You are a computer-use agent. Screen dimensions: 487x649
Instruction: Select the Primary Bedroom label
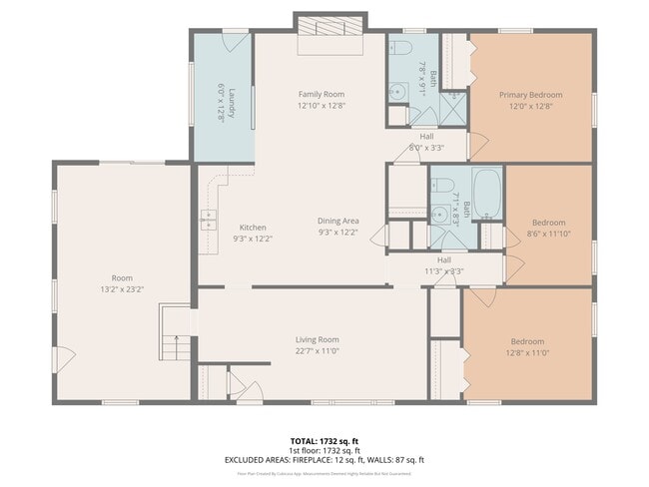pos(531,96)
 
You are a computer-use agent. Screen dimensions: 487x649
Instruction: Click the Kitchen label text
pos(252,228)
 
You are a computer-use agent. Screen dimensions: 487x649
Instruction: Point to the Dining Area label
pos(337,221)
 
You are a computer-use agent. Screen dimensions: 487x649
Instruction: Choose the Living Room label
pos(317,339)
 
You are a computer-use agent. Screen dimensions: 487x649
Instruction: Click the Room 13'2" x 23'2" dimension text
pos(122,288)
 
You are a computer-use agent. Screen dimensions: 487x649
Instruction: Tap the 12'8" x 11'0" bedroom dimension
pos(527,351)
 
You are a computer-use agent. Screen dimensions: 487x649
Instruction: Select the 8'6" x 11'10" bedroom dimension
pos(548,234)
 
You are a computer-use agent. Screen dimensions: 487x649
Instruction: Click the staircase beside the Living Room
pos(175,337)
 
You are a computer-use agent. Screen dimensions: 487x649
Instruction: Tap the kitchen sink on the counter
pos(211,217)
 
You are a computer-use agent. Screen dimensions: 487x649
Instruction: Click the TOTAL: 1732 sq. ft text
pos(323,439)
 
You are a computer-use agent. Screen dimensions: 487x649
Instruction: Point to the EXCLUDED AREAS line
pos(324,459)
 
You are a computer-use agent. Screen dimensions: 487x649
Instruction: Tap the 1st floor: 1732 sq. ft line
pos(323,449)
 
